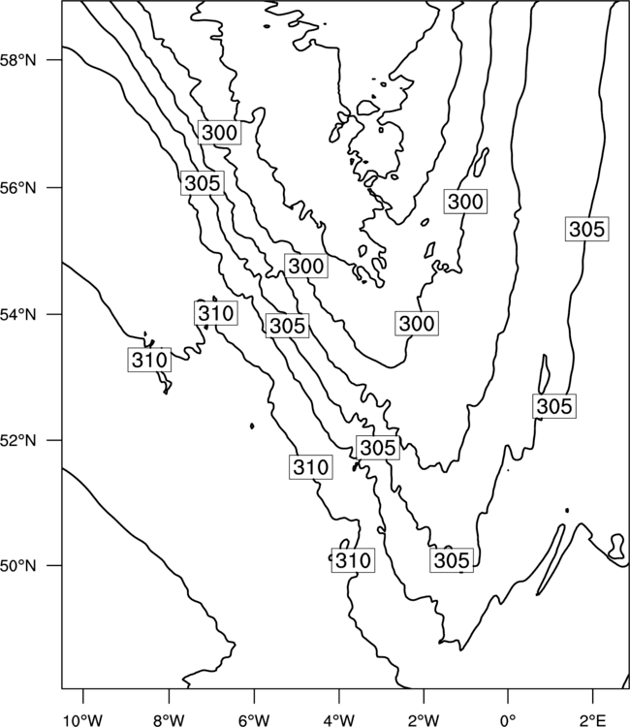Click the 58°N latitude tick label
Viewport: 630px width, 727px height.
point(18,60)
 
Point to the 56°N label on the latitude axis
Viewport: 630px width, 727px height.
point(18,188)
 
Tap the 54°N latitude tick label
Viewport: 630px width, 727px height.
point(18,314)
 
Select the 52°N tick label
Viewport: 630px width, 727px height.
point(18,440)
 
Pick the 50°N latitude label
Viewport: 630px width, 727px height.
point(18,566)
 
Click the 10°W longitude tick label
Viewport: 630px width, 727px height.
point(83,720)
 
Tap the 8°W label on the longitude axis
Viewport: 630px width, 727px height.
point(169,720)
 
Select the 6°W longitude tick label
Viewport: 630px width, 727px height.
point(254,720)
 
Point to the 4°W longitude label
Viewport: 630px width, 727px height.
point(339,720)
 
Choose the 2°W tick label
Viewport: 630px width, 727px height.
point(424,720)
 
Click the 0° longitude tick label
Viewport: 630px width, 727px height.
point(509,720)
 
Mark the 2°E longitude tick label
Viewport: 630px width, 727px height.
point(593,720)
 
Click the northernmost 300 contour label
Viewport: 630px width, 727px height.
point(220,133)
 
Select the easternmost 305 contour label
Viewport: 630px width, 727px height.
point(587,229)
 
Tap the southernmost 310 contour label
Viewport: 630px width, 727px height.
point(353,560)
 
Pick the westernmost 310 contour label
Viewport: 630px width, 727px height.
point(149,360)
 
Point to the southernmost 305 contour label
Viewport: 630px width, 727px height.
point(452,560)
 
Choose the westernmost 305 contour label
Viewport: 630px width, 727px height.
point(203,183)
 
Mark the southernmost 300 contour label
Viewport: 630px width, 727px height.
point(417,323)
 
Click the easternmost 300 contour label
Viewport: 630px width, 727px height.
point(466,202)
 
